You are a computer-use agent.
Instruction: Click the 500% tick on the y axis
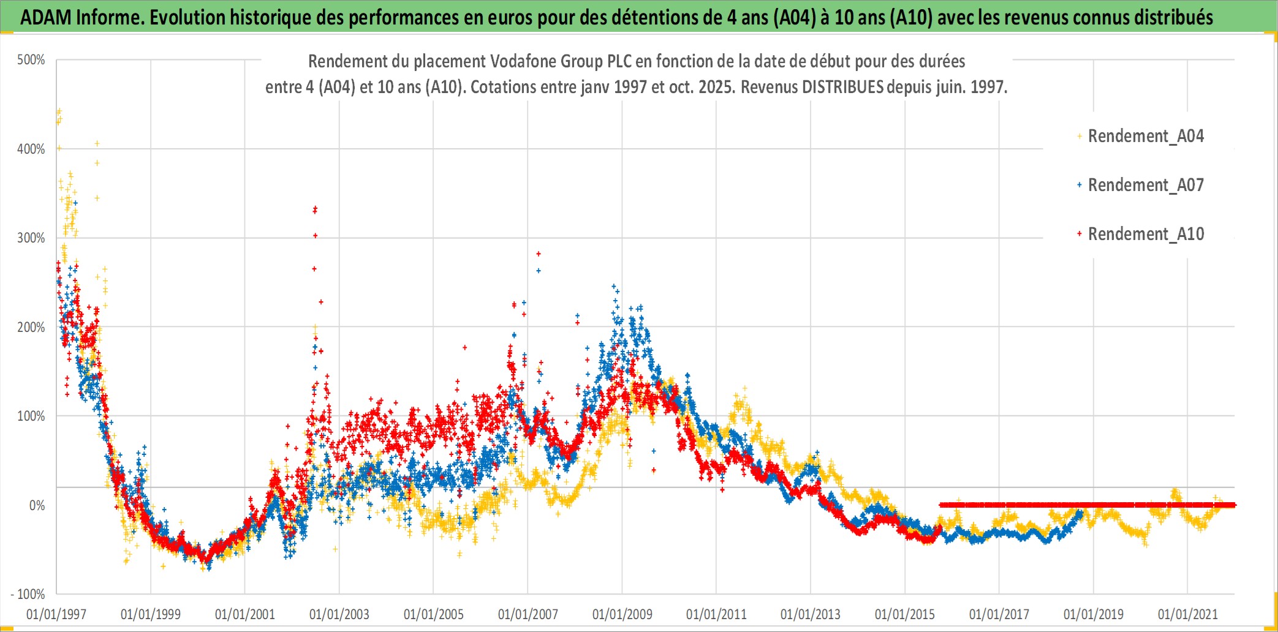point(31,60)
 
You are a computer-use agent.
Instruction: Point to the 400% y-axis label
point(31,149)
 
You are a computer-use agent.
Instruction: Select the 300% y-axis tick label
point(31,238)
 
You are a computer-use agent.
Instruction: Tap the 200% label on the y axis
point(31,327)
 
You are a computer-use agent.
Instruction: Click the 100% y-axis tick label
point(31,416)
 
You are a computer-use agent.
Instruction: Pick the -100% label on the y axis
point(28,594)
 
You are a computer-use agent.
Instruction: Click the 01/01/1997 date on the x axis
point(56,614)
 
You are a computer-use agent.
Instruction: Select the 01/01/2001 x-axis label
point(245,614)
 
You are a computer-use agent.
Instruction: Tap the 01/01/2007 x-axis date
point(527,614)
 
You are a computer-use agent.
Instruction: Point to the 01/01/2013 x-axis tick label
point(811,614)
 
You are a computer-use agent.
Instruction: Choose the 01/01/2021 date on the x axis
point(1187,614)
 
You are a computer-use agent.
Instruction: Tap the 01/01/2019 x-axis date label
point(1093,614)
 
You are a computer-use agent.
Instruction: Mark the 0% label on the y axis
point(37,505)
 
